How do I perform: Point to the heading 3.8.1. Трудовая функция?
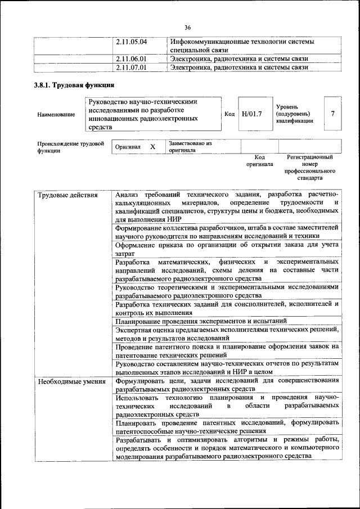[74, 85]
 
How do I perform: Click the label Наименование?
[56, 115]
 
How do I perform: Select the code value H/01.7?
[251, 114]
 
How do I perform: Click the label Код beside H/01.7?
[229, 114]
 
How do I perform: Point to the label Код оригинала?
[259, 161]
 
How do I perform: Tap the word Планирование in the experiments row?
[138, 321]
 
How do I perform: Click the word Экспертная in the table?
[135, 330]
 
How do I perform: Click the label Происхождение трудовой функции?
[70, 147]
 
